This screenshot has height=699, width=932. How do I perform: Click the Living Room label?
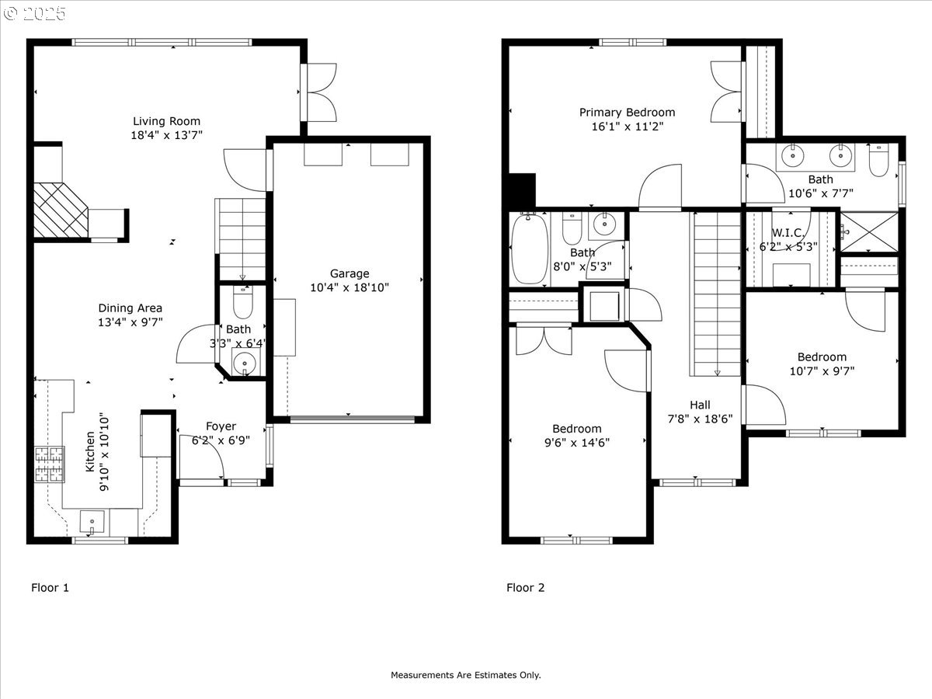(166, 121)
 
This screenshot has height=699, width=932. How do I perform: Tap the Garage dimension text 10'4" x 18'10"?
(349, 287)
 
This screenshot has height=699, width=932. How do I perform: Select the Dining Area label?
(130, 308)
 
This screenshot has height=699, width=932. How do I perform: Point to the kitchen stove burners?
(50, 464)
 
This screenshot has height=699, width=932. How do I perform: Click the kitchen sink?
(92, 522)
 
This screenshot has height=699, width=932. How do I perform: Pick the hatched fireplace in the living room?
(61, 210)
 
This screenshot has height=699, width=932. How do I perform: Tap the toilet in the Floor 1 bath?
(243, 302)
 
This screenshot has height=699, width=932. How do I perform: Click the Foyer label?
(221, 426)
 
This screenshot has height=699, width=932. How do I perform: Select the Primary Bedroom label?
(627, 113)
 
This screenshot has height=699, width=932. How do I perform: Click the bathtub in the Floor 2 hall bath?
(530, 249)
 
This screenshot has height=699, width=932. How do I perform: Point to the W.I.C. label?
(788, 232)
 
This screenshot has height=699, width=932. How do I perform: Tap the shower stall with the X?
(869, 232)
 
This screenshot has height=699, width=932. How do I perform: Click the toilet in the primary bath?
(878, 160)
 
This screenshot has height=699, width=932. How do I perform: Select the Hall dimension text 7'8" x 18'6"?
(701, 419)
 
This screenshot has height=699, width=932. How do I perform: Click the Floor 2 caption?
(525, 587)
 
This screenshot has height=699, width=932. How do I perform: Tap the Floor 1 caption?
(50, 587)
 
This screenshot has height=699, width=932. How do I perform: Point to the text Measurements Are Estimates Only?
(466, 675)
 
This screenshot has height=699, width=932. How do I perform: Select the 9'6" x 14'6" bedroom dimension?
(577, 443)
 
